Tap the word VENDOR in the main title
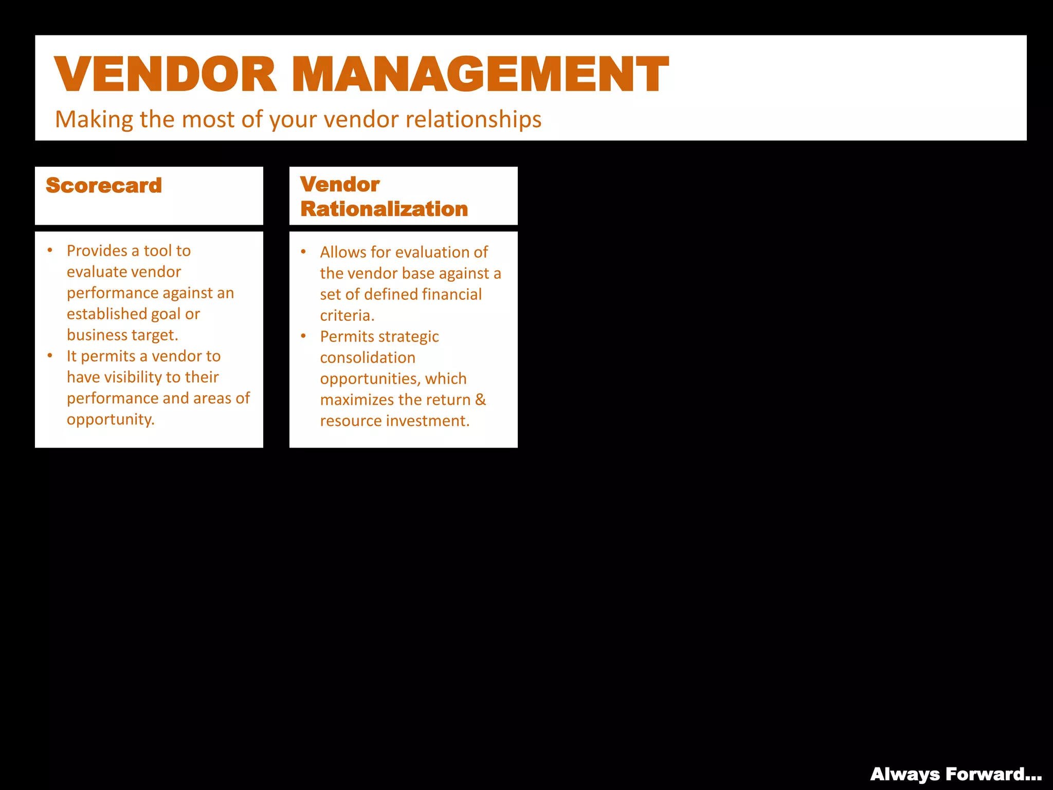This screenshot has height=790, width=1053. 166,75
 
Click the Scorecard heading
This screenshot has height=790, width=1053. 104,186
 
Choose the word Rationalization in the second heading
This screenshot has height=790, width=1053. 384,209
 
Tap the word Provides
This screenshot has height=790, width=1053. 97,251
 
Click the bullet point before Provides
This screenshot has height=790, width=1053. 50,250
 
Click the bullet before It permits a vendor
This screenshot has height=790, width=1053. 50,355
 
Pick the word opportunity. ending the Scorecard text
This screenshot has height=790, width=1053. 111,420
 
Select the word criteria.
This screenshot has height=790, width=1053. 347,316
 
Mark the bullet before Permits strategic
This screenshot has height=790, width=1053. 303,336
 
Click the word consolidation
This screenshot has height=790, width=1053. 368,358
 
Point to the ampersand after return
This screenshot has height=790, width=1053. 480,400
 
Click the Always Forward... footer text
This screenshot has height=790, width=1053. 956,775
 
